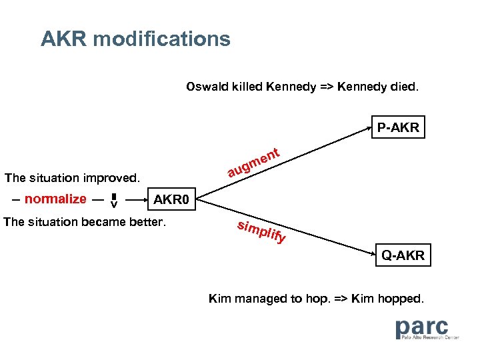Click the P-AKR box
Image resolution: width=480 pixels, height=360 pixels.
point(398,127)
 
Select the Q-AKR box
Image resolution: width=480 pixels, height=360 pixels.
point(403,255)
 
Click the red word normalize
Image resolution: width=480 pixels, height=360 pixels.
point(55,199)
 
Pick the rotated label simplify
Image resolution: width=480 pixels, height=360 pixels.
point(262,231)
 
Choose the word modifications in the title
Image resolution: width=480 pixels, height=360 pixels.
point(162,39)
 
